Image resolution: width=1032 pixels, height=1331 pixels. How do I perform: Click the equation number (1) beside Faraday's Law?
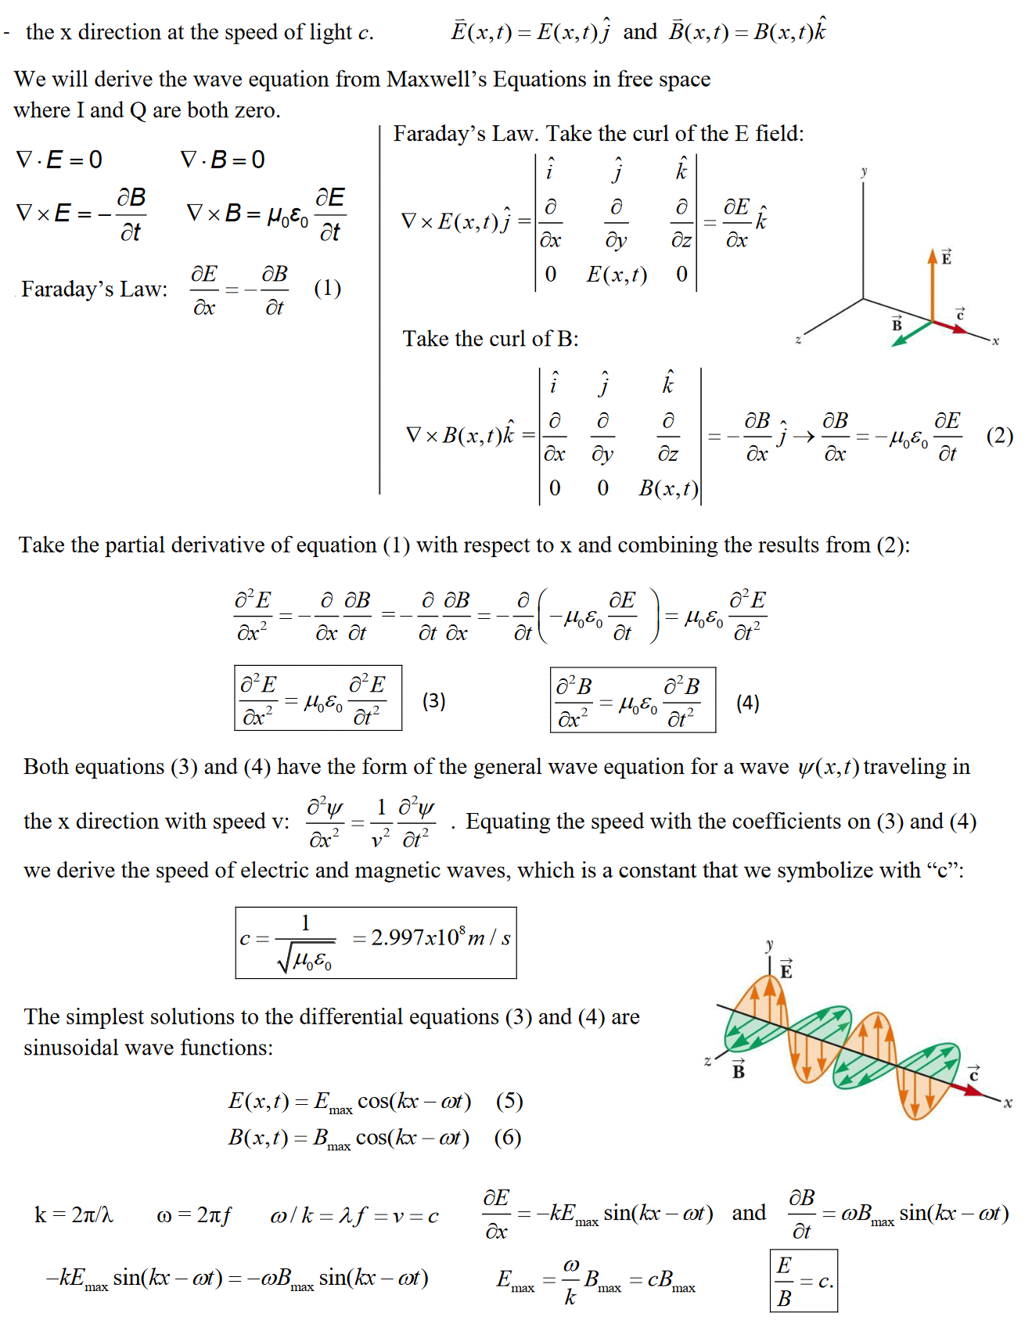click(327, 289)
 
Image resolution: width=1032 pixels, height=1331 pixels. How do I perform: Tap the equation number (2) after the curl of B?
click(999, 436)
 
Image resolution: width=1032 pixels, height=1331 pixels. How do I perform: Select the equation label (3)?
click(433, 700)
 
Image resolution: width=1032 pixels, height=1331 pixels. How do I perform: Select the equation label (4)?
click(747, 703)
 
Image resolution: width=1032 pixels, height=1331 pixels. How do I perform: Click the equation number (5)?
click(509, 1101)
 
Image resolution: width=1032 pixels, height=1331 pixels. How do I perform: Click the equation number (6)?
click(508, 1137)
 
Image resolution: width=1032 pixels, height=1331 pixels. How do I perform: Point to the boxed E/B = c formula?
click(804, 1281)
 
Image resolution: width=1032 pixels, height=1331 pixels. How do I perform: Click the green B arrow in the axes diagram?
click(912, 333)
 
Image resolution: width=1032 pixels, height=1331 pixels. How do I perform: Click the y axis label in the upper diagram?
click(864, 171)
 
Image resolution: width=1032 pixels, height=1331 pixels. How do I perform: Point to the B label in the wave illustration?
click(738, 1070)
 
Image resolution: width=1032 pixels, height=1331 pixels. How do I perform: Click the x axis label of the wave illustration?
click(1008, 1103)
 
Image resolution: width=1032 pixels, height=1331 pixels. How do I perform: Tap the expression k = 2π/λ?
click(74, 1214)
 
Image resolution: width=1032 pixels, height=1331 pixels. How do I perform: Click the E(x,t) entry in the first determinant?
click(617, 275)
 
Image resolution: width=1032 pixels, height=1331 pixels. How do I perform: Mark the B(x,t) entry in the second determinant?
click(668, 488)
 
